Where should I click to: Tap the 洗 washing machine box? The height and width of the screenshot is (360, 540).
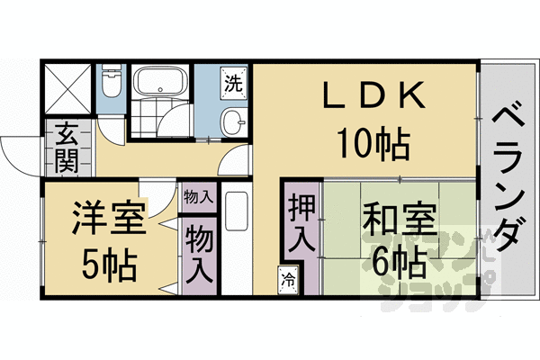(233, 85)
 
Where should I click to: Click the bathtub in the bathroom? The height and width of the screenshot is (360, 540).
(160, 85)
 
